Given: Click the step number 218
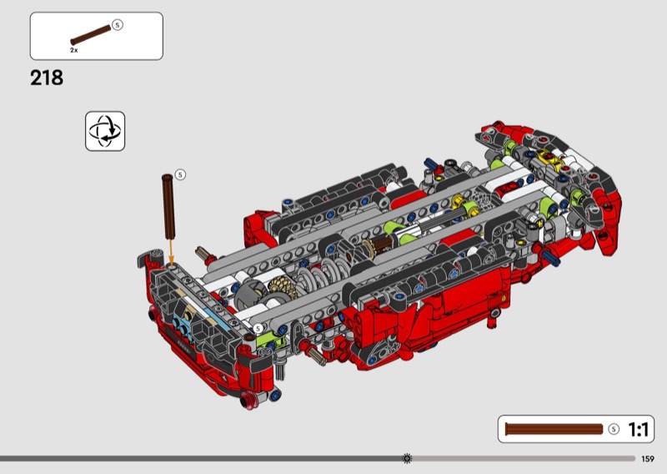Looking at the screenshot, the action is (47, 78).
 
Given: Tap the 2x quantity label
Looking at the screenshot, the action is (74, 50).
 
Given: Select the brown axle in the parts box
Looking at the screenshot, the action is (90, 35).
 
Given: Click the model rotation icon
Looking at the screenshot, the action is (105, 131).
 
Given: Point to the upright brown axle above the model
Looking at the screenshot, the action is (168, 206).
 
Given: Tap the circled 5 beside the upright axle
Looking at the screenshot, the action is (180, 174).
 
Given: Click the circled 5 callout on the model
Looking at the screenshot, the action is (258, 328).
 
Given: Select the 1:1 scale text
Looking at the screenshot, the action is (638, 429).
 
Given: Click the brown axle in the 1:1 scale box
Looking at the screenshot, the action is (554, 429).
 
